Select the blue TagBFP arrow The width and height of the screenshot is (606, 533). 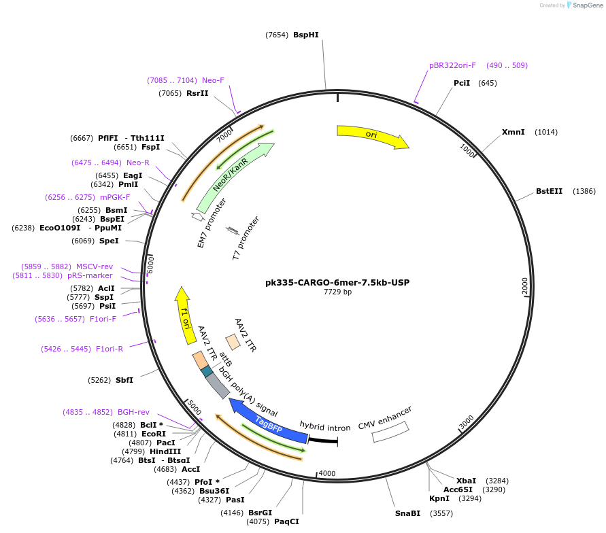(268, 422)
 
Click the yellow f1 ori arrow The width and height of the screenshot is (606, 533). (185, 315)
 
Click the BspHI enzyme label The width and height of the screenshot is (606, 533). (306, 35)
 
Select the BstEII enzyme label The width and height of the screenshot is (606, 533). (549, 192)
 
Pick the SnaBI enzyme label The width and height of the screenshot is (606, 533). (407, 513)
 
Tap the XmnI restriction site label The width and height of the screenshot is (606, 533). (513, 132)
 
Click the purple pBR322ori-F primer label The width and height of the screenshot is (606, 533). (452, 65)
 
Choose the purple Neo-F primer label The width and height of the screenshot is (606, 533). (213, 80)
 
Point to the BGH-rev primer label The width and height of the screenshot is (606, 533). (133, 412)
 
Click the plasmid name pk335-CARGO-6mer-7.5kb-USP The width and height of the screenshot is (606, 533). (337, 282)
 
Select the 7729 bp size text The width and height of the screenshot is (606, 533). (337, 292)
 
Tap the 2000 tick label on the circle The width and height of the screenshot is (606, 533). (524, 286)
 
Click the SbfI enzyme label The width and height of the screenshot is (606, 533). (124, 380)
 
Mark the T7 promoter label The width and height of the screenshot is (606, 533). (246, 239)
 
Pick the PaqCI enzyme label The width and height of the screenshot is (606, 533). (286, 521)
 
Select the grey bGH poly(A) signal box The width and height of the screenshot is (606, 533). (218, 386)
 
